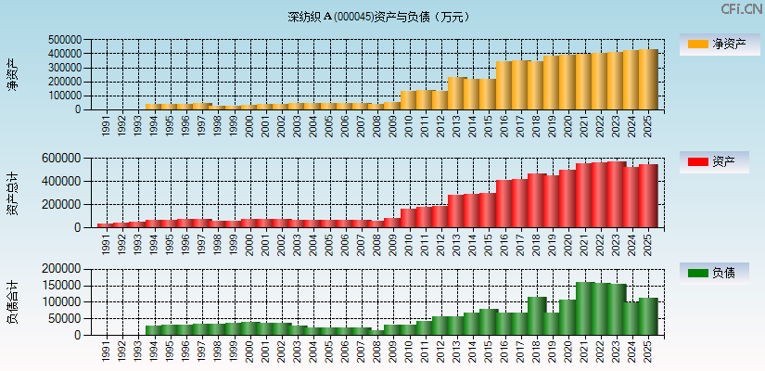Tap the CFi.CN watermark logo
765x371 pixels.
[x=742, y=9]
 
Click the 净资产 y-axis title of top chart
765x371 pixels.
[x=12, y=74]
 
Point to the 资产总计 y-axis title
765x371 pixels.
[x=12, y=193]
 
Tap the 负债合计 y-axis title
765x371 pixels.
[x=12, y=301]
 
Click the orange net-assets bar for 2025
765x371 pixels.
[x=647, y=80]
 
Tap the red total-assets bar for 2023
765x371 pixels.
[x=616, y=195]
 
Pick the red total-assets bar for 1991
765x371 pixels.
[x=105, y=225]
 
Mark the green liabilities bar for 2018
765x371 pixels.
[x=536, y=316]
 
